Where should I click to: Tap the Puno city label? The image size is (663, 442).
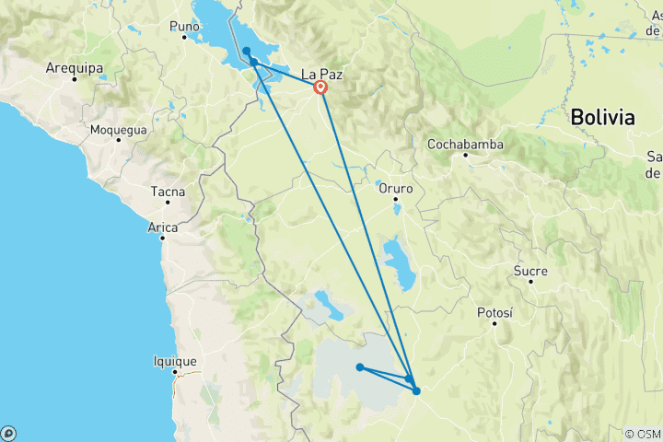(184, 26)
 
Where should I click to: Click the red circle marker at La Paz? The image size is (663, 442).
(320, 88)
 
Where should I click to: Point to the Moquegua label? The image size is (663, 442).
(118, 130)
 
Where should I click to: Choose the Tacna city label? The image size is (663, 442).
(168, 192)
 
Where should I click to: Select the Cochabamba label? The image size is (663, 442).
(465, 144)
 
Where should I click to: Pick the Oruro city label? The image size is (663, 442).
(396, 188)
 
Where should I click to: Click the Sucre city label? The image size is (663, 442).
(531, 271)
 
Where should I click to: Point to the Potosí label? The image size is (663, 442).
(494, 313)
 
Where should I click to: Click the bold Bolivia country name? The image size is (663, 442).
(602, 118)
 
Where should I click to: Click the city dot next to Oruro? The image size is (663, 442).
(396, 200)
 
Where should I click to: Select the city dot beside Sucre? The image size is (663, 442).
(531, 282)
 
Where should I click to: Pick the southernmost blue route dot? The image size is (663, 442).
(416, 391)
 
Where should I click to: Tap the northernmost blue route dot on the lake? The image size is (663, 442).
(247, 51)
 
